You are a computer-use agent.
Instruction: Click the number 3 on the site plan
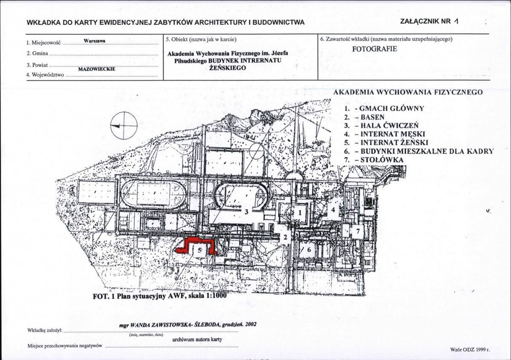click(246, 212)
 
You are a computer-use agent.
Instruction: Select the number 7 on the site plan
click(358, 231)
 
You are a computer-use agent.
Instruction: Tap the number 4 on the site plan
click(333, 210)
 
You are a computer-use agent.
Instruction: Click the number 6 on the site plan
click(309, 250)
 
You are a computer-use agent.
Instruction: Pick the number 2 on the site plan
click(286, 237)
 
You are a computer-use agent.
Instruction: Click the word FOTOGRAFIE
click(375, 49)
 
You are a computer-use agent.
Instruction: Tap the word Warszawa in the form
click(94, 41)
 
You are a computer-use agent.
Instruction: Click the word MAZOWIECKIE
click(97, 69)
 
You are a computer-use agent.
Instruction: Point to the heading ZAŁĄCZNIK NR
click(426, 21)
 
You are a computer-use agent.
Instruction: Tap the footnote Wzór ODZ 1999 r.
click(470, 350)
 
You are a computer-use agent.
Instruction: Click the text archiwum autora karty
click(197, 339)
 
